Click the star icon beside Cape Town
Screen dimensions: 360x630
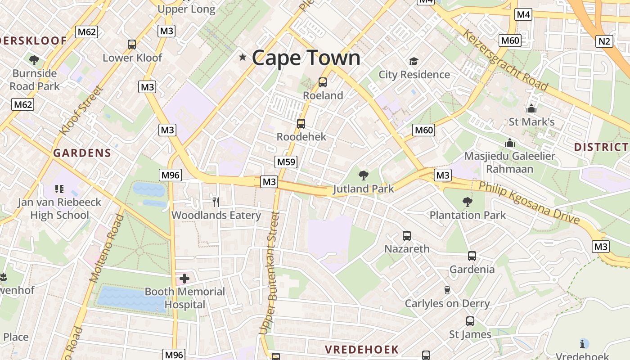[243, 57]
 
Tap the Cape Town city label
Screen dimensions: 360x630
[306, 58]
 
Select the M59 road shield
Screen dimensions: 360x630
[286, 162]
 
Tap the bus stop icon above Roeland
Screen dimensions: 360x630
[322, 82]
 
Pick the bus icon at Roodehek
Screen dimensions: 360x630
[301, 123]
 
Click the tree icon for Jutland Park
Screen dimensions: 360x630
[363, 175]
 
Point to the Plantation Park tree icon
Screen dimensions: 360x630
[468, 202]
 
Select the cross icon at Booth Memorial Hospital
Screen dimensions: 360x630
[184, 279]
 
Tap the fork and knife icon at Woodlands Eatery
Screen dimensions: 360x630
[216, 202]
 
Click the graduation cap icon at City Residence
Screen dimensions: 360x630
[414, 61]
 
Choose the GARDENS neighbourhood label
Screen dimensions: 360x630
[82, 153]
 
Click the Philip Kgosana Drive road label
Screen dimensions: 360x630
[529, 202]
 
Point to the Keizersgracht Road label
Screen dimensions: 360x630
[505, 60]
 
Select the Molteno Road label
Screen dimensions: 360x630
[107, 248]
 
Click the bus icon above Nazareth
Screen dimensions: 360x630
[407, 235]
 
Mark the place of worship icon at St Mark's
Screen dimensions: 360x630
[531, 108]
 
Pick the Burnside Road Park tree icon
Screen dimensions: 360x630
[34, 60]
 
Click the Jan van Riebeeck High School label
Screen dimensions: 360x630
[59, 209]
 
